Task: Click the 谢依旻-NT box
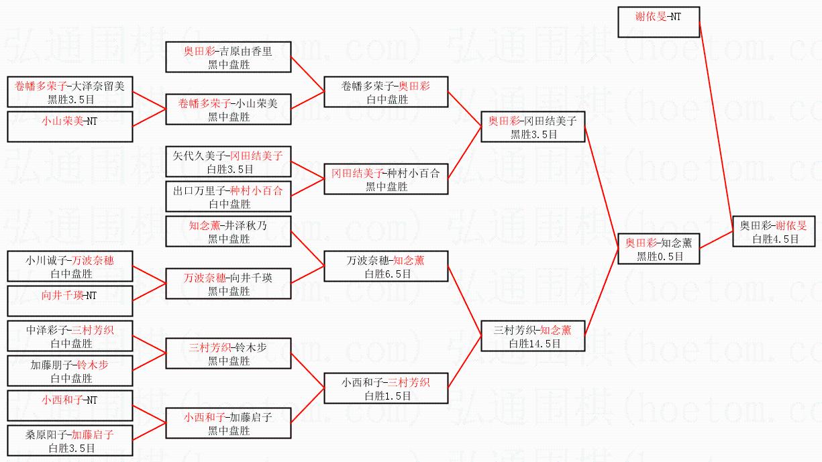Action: tap(658, 21)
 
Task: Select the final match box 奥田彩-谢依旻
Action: tap(773, 231)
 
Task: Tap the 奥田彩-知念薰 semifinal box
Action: tap(658, 249)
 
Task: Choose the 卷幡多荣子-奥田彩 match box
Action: tap(386, 92)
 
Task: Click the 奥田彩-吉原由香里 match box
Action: tap(228, 57)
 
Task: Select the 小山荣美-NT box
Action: tap(70, 126)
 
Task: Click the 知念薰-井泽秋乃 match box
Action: tap(228, 231)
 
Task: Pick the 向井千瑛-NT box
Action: tap(70, 301)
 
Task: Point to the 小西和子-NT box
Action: tap(70, 406)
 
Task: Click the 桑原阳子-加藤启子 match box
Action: tap(70, 441)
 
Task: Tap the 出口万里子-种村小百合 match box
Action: tap(228, 196)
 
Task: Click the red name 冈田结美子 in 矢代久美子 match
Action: tap(256, 156)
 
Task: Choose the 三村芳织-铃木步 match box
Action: tap(228, 353)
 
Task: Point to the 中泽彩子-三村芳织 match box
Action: tap(70, 336)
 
